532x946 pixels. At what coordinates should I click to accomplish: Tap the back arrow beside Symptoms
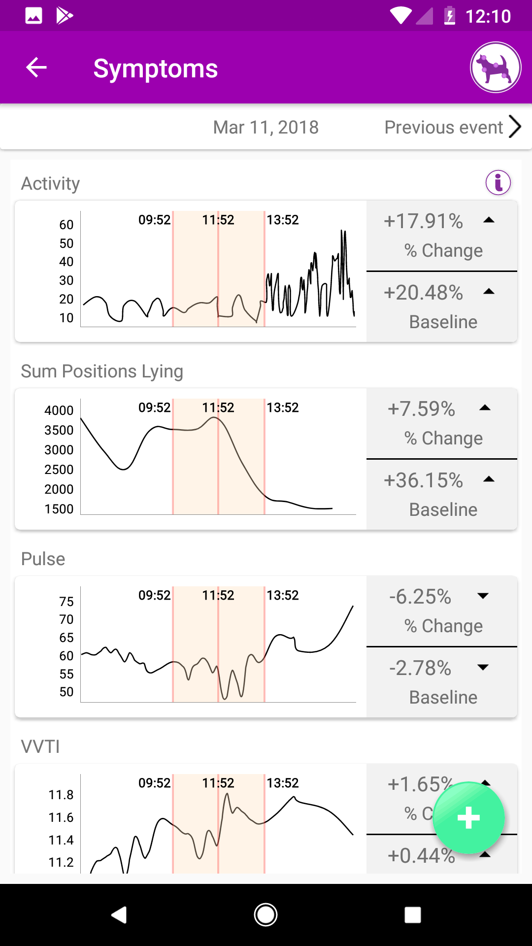[x=36, y=68]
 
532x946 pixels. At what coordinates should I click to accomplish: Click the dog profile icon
[x=496, y=68]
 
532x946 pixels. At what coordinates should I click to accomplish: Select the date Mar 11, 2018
[x=266, y=127]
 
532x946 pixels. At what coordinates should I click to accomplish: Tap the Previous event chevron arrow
[x=515, y=127]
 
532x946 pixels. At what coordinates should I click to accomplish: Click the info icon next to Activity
[x=498, y=183]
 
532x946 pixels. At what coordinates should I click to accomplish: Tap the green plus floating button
[x=468, y=818]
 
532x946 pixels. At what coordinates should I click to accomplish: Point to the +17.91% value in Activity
[x=423, y=221]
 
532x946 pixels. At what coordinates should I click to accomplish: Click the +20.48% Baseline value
[x=423, y=293]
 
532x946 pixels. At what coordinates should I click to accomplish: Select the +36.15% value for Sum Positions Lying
[x=423, y=480]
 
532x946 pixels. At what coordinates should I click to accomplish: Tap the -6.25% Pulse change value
[x=420, y=597]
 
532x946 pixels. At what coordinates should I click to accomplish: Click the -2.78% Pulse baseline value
[x=420, y=668]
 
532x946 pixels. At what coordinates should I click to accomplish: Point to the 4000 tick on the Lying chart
[x=59, y=410]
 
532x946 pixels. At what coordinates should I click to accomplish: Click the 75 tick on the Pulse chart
[x=66, y=602]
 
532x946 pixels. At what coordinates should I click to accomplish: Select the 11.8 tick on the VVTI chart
[x=61, y=795]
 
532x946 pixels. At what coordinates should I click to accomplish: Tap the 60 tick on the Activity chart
[x=66, y=225]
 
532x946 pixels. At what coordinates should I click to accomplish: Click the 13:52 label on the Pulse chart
[x=283, y=595]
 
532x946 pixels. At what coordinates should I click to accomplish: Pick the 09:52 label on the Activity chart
[x=155, y=220]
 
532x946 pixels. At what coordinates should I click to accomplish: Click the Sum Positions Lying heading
[x=102, y=371]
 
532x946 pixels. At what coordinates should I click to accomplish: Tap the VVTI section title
[x=40, y=746]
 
